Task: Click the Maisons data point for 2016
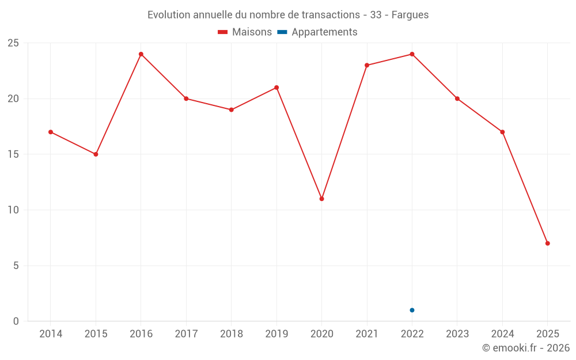point(141,54)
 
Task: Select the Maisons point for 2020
point(321,199)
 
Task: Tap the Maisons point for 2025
point(547,243)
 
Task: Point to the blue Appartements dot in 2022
point(412,310)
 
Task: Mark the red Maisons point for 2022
point(412,54)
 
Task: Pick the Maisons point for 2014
point(51,132)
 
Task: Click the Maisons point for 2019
point(276,88)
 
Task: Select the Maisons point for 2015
point(96,154)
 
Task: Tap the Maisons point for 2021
point(367,65)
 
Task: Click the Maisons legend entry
point(245,32)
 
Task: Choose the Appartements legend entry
point(318,32)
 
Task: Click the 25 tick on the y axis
point(13,43)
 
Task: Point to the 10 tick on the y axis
point(13,210)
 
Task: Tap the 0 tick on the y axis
point(16,321)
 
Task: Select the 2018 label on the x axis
point(231,334)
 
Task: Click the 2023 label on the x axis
point(457,334)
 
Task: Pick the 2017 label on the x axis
point(186,334)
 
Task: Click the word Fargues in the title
point(410,15)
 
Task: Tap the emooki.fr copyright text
point(526,348)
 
